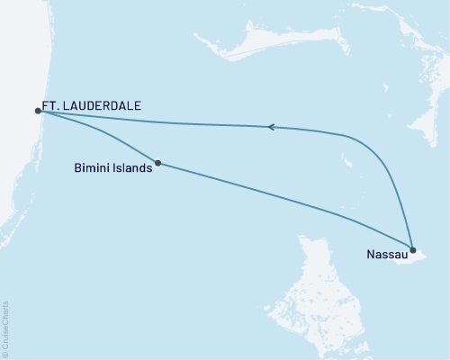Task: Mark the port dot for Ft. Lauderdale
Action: click(x=38, y=111)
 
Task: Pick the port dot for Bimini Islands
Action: click(x=158, y=163)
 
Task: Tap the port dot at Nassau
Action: click(x=412, y=249)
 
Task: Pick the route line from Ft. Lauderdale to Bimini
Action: click(x=99, y=137)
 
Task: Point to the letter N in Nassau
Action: click(x=371, y=255)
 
